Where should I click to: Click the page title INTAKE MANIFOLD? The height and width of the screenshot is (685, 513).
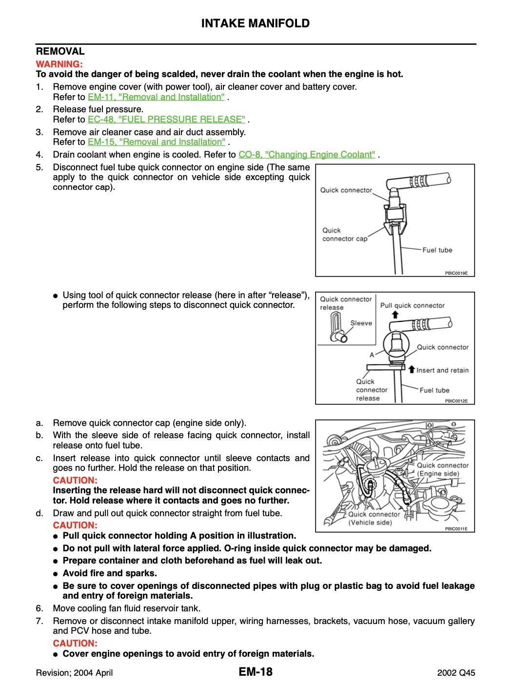coord(256,23)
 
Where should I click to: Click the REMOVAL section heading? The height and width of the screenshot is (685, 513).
coord(60,51)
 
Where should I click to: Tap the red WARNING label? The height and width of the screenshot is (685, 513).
coord(59,64)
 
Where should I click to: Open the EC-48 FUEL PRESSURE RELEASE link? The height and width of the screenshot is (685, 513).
coord(167,120)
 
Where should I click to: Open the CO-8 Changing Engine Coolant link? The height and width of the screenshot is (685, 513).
coord(307,155)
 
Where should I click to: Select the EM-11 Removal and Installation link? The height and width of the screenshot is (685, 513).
coord(156,97)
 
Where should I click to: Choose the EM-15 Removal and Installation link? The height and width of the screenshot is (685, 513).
coord(157,142)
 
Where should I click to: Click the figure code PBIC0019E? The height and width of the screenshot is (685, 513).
coord(456,273)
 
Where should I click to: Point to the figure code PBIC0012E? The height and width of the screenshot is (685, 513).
coord(456,401)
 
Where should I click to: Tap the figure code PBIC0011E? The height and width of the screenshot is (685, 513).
coord(456,529)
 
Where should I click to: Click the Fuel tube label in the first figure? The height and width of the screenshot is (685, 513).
coord(437,250)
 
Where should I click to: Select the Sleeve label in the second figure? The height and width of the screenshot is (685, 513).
coord(361,323)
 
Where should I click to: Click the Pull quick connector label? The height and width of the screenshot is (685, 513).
coord(412,306)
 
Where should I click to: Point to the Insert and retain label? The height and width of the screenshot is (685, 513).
coord(442,370)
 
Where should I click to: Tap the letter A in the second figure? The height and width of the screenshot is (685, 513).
coord(372,355)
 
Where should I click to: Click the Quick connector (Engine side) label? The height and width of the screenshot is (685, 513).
coord(442,469)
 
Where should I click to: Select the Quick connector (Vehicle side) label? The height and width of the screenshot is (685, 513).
coord(374,518)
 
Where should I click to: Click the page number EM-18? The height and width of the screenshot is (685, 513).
coord(256,672)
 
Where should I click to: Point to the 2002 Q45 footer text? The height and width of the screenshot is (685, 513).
coord(456,673)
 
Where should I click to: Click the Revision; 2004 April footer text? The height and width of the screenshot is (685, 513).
coord(75,673)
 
